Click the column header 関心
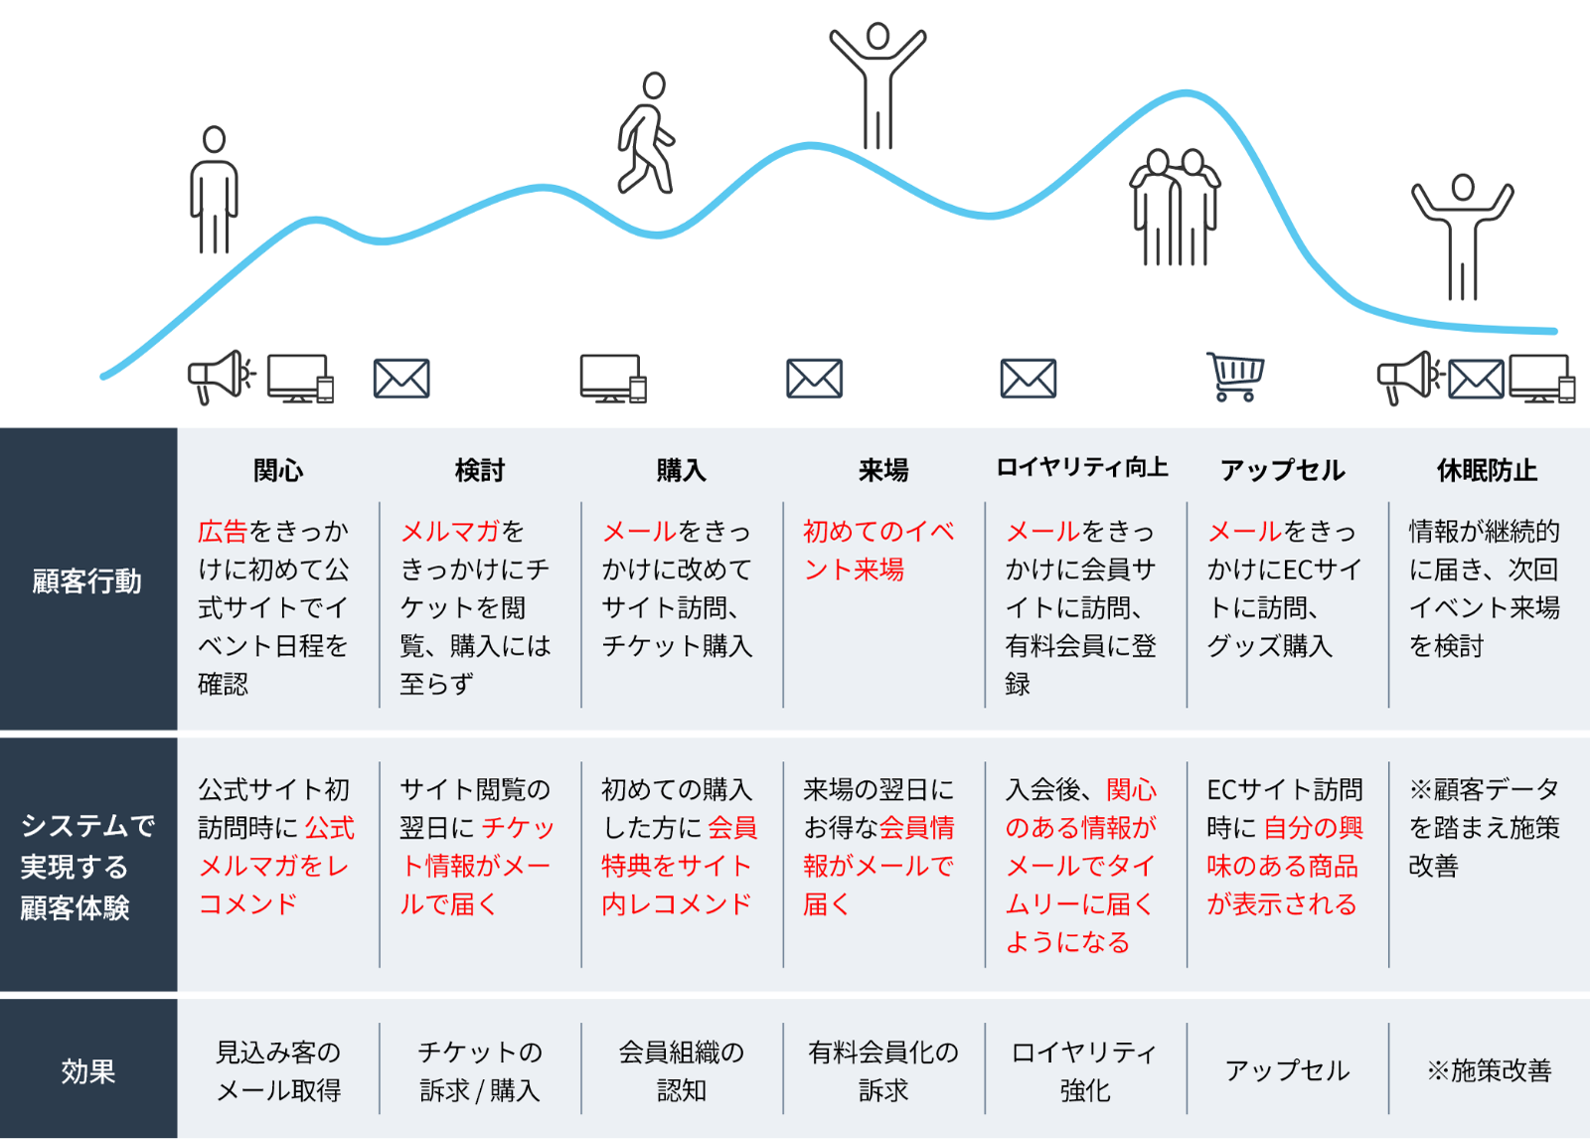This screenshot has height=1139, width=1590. (278, 470)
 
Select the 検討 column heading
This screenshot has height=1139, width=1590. (480, 470)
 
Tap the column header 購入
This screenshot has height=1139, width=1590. (681, 470)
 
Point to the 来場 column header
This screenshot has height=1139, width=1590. (883, 470)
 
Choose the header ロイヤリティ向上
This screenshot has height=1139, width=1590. (1082, 468)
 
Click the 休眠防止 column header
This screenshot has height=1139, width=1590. (1487, 470)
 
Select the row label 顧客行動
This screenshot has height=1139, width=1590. (87, 581)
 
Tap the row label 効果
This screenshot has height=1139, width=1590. (87, 1071)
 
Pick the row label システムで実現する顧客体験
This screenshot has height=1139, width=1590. (87, 867)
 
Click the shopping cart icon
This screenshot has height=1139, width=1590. (1234, 377)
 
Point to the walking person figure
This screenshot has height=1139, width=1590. (646, 133)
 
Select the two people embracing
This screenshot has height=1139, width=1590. (1175, 207)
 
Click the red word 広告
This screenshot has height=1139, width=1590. (223, 532)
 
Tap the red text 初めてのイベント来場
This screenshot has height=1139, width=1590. (877, 551)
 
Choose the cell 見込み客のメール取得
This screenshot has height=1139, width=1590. (278, 1071)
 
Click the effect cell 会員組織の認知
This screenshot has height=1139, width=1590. (681, 1071)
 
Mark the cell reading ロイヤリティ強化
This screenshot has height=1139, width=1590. (1084, 1071)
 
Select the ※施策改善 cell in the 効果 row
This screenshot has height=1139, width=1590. (1489, 1070)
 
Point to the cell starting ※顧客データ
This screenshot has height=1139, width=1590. (1484, 828)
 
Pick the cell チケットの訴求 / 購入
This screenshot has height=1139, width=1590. (480, 1071)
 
